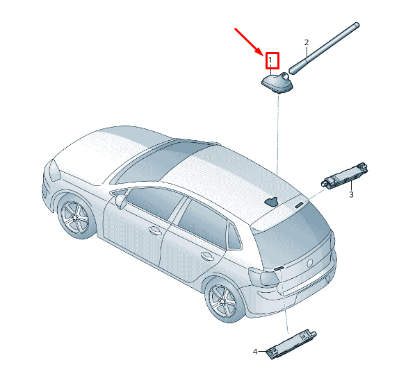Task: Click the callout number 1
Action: pos(271,61)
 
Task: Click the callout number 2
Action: pos(307,42)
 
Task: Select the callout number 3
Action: pos(351,195)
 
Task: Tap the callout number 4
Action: pos(255,352)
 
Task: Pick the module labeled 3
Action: pos(345,175)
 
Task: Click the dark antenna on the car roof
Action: pos(271,202)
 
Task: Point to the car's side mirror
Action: pos(121,201)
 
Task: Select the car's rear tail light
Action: pos(268,278)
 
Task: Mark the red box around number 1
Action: pos(271,61)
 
